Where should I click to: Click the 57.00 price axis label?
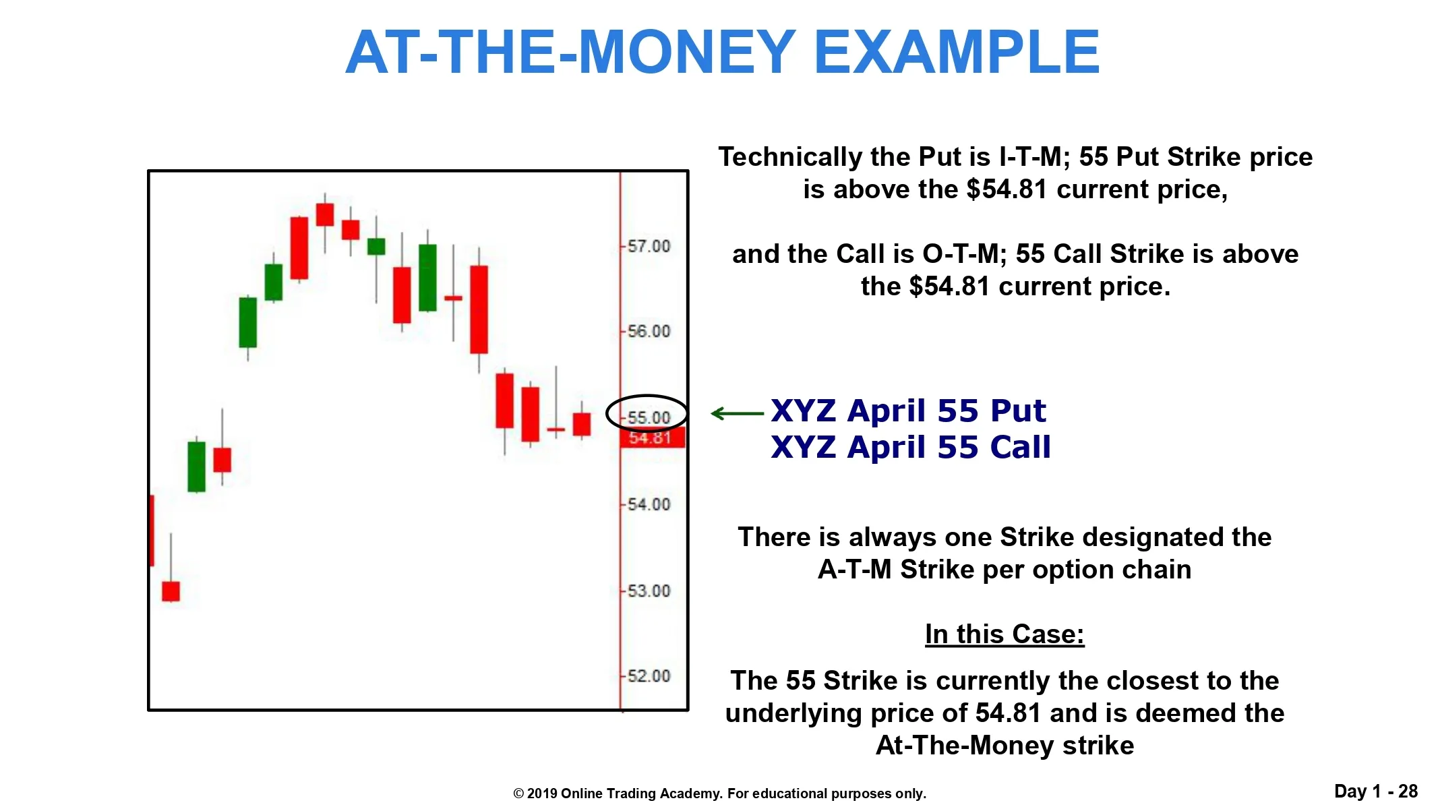649,246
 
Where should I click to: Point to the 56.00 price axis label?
649,331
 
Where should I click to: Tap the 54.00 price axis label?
649,504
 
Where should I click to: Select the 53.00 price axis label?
649,591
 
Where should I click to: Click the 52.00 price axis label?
649,676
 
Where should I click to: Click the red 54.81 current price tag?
652,438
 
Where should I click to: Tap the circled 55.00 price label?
649,417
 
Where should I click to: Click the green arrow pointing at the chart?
737,413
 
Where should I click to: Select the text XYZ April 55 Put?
908,411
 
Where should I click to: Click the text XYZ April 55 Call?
911,448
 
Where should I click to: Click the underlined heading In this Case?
1005,634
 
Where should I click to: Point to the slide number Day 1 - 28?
1376,791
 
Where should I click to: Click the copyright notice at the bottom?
720,793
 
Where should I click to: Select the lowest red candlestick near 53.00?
171,591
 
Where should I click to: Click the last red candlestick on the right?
582,424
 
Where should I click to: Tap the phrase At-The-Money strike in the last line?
1005,746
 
